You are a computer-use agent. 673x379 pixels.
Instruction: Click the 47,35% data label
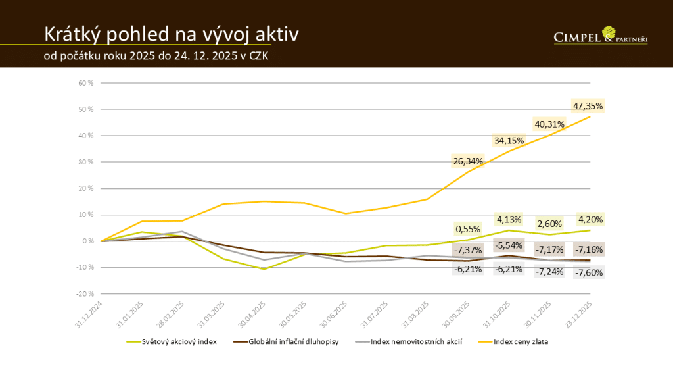[588, 106]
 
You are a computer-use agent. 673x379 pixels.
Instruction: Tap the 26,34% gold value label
[467, 161]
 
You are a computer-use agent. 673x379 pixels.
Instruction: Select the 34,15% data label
[508, 140]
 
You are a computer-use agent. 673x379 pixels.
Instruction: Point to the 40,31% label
[548, 124]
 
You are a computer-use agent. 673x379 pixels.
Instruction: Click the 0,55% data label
[467, 230]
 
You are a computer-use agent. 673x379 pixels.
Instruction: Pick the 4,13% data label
[508, 219]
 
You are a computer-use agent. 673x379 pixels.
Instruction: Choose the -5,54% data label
[508, 245]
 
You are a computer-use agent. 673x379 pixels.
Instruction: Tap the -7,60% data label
[588, 272]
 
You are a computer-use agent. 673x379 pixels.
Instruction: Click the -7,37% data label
[467, 251]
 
